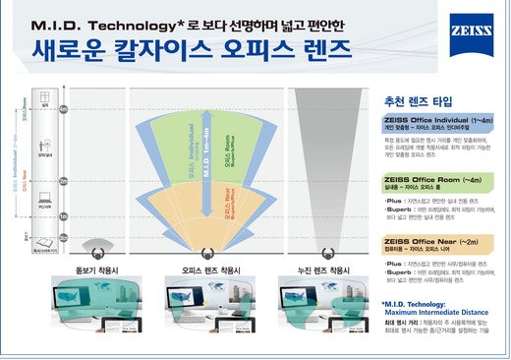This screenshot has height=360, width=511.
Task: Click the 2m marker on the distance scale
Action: (x=65, y=181)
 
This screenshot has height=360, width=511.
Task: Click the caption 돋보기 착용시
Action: (x=93, y=267)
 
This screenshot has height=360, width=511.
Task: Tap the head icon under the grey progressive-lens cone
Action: (x=316, y=245)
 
